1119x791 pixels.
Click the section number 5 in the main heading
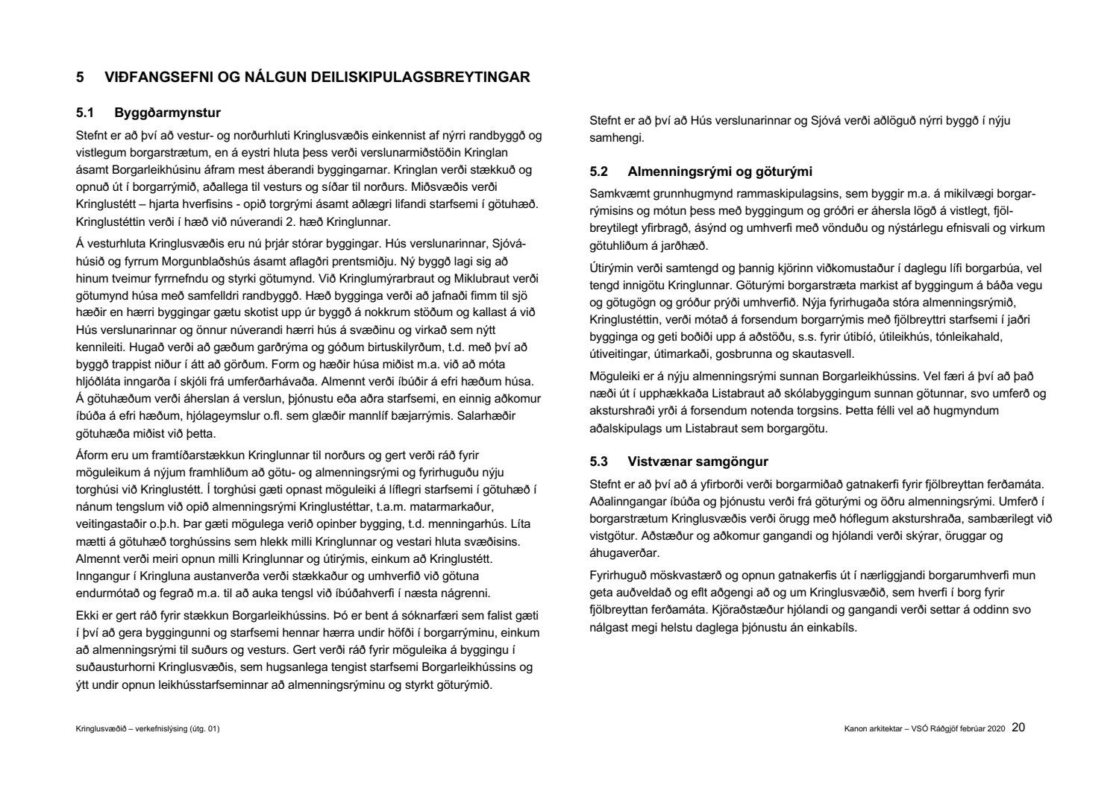[x=80, y=77]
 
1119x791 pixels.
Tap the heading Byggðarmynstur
[x=168, y=113]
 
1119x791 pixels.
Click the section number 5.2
[x=599, y=172]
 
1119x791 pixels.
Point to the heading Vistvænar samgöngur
[x=698, y=461]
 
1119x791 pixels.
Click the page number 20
[x=1019, y=727]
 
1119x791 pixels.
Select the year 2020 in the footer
[x=997, y=728]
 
